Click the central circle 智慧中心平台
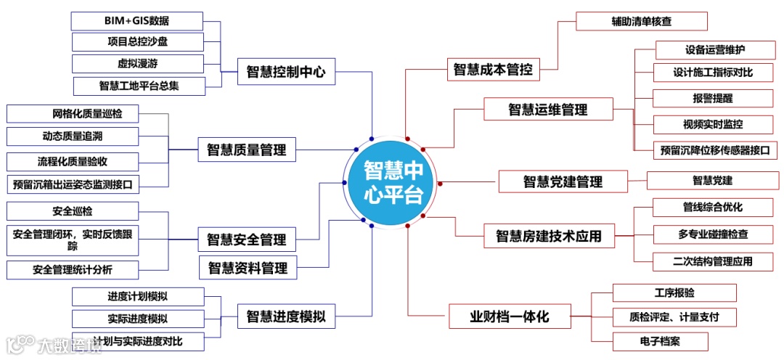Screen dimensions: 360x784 391,181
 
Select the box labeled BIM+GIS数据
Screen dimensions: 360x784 138,20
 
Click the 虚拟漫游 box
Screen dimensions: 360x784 138,63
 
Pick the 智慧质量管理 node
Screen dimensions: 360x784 247,150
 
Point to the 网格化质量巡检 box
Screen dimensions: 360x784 73,114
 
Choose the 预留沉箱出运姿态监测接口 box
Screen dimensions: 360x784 73,184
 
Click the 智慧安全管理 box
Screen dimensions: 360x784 247,239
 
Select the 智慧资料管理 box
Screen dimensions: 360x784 248,268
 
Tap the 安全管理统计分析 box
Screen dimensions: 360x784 73,270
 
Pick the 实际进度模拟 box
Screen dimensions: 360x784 138,319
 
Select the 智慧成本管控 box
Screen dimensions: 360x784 493,70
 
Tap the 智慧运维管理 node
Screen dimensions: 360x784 547,110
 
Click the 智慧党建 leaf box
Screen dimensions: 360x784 712,180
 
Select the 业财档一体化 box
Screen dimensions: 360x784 509,316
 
